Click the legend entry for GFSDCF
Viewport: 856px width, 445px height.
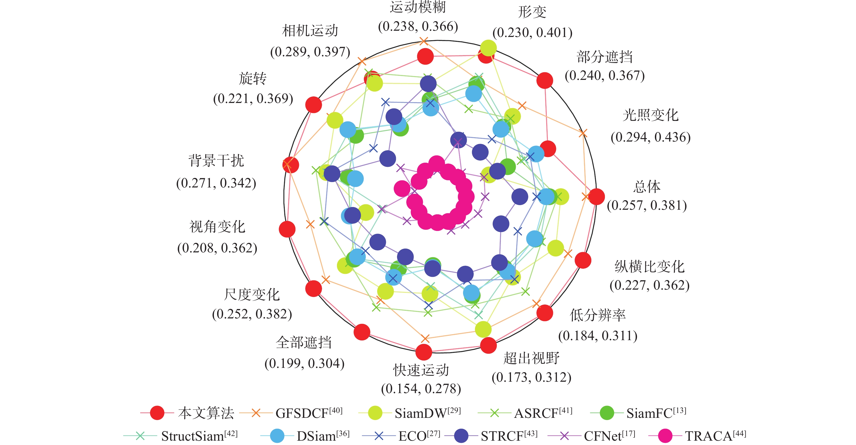click(x=291, y=413)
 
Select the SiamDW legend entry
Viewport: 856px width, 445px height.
click(x=410, y=413)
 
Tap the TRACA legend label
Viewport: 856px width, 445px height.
click(x=697, y=436)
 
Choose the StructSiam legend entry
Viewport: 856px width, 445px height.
click(x=180, y=436)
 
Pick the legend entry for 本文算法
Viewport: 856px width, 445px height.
click(x=187, y=413)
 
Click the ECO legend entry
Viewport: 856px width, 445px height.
click(x=401, y=436)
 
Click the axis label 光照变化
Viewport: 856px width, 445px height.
click(x=650, y=115)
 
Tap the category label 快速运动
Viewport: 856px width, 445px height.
click(x=421, y=370)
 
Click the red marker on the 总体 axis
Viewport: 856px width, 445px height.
click(x=596, y=197)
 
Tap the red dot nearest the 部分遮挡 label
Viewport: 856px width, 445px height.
click(x=545, y=80)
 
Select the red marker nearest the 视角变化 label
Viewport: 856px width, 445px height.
click(x=287, y=229)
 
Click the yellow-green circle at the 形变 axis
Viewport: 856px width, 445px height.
click(x=488, y=48)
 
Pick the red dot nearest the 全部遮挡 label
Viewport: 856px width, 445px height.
click(x=362, y=332)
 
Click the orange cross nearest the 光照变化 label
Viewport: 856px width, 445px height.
click(x=583, y=133)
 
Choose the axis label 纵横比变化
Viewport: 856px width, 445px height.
click(x=649, y=266)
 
